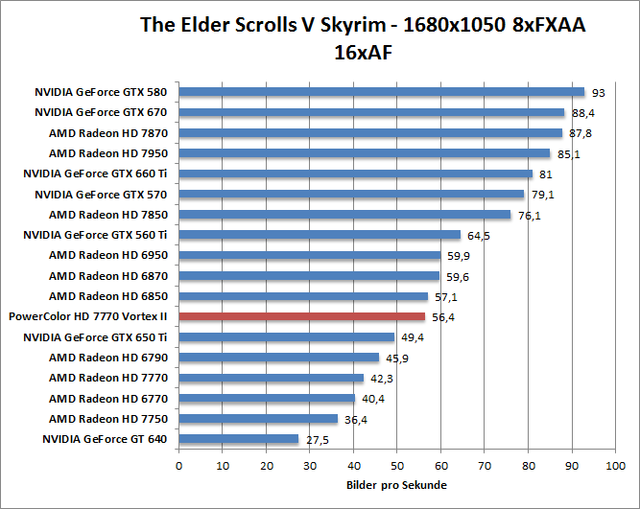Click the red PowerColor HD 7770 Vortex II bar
(x=301, y=316)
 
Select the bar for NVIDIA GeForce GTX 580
(x=381, y=92)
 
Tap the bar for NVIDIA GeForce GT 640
(x=239, y=439)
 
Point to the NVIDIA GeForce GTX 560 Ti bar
(x=320, y=235)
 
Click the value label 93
(x=599, y=93)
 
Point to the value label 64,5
(x=477, y=235)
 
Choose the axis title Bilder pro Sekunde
(x=395, y=486)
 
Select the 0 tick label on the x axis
(x=179, y=466)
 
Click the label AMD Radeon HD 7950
(x=108, y=153)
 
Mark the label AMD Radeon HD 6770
(x=108, y=399)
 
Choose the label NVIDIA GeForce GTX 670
(x=102, y=112)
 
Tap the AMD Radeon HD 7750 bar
(x=258, y=419)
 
